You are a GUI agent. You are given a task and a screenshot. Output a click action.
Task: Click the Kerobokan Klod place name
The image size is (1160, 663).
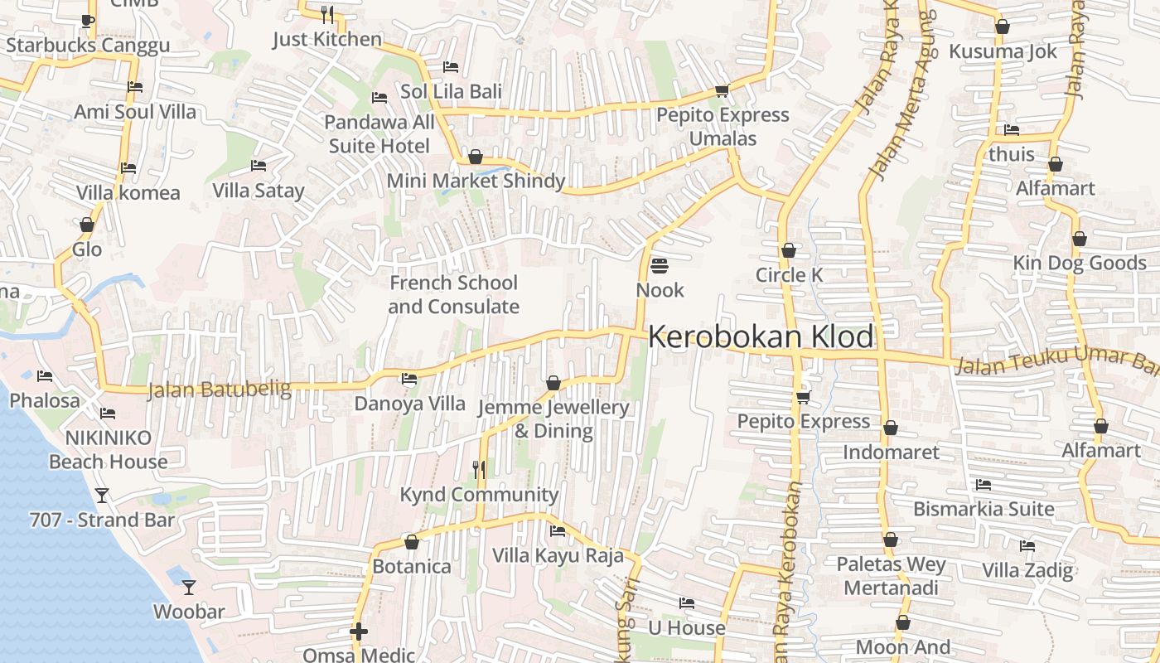pos(761,337)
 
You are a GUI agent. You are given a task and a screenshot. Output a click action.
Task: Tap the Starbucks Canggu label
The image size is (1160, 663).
pos(88,45)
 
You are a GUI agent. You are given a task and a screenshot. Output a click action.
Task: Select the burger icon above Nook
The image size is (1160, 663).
pos(660,266)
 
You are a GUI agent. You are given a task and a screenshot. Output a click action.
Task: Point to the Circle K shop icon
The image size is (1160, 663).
pos(789,250)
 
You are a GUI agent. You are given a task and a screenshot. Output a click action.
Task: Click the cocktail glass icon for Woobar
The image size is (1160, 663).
pos(189,588)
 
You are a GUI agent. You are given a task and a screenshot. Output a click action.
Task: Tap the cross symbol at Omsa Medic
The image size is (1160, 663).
pos(359,632)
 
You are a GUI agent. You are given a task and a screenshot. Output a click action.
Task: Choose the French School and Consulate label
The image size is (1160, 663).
pos(453,294)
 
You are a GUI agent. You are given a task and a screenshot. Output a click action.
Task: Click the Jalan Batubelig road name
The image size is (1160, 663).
pos(220,390)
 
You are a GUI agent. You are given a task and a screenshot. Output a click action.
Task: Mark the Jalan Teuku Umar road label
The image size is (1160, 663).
pos(1052,361)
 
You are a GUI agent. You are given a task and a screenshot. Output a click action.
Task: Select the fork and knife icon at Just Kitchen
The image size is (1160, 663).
pos(327,14)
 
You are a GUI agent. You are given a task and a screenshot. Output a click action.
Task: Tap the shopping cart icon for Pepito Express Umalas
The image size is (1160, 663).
pos(722,90)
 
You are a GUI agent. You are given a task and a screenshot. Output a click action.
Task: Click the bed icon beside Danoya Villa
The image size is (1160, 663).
pos(409,380)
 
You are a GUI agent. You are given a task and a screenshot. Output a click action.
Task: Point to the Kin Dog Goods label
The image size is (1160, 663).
pos(1080,264)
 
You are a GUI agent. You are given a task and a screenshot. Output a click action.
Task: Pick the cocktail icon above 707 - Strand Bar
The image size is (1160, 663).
pos(102,496)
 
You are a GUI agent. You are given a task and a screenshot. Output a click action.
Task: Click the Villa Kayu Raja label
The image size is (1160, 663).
pos(558,555)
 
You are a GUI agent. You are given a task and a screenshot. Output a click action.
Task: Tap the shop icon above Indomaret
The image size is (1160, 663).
pos(891,428)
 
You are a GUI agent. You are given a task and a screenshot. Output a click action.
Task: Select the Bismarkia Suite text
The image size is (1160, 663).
pos(984,509)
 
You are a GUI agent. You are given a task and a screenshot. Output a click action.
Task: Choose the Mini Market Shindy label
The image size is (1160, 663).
pos(476,181)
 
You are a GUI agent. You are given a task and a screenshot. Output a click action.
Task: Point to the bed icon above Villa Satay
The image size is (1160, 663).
pos(259,166)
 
